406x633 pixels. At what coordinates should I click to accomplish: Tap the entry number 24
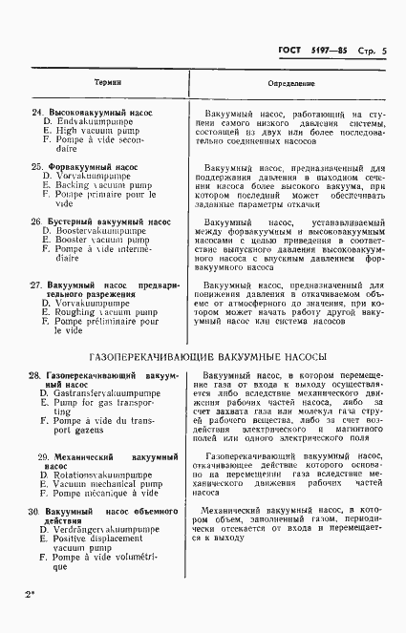(36, 113)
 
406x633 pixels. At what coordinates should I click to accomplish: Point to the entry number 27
(36, 285)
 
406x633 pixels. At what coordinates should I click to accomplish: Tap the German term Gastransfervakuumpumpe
(99, 393)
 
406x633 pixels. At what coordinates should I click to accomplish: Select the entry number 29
(36, 457)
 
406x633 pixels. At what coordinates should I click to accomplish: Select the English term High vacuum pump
(87, 131)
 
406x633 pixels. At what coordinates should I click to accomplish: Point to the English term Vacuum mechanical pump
(97, 484)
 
